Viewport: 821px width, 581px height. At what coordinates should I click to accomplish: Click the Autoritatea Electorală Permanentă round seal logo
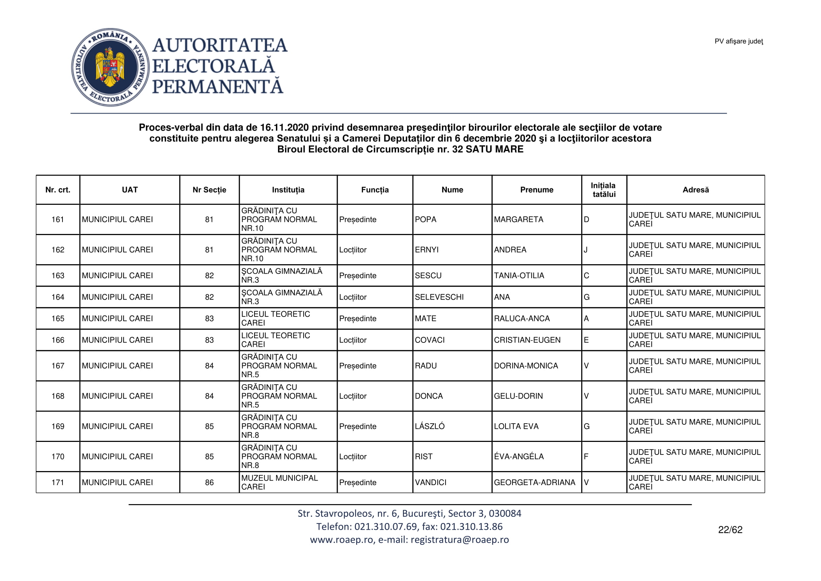pyautogui.click(x=110, y=67)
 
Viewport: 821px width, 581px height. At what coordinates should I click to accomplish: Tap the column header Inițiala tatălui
pyautogui.click(x=604, y=190)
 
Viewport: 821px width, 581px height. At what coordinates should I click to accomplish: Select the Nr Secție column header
pyautogui.click(x=209, y=190)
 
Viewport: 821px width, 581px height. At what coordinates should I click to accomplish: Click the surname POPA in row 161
pyautogui.click(x=425, y=220)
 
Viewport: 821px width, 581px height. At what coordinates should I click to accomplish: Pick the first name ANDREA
pyautogui.click(x=510, y=250)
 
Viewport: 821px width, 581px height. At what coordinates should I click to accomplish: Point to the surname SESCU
pyautogui.click(x=428, y=276)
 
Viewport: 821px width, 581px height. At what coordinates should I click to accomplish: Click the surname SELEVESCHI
pyautogui.click(x=439, y=297)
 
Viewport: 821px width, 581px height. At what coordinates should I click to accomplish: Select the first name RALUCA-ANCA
pyautogui.click(x=522, y=319)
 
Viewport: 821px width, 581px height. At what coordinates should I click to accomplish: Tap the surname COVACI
pyautogui.click(x=429, y=340)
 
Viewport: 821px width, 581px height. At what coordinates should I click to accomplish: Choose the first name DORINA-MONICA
pyautogui.click(x=526, y=366)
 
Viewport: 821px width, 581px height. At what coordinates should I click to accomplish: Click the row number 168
pyautogui.click(x=58, y=396)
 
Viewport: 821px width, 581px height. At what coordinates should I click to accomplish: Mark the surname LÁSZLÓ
pyautogui.click(x=429, y=426)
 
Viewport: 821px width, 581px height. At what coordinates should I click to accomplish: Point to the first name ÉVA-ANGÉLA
pyautogui.click(x=518, y=457)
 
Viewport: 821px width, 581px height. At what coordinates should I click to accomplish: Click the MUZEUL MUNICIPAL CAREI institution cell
pyautogui.click(x=279, y=483)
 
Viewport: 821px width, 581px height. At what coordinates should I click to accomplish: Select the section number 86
pyautogui.click(x=209, y=483)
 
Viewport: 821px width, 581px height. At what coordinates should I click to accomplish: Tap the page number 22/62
pyautogui.click(x=730, y=530)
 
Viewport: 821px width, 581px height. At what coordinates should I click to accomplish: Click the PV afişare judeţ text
pyautogui.click(x=739, y=41)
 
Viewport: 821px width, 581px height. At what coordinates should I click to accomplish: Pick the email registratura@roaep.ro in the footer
pyautogui.click(x=459, y=540)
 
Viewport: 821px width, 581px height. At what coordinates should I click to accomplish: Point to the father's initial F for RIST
pyautogui.click(x=586, y=457)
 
